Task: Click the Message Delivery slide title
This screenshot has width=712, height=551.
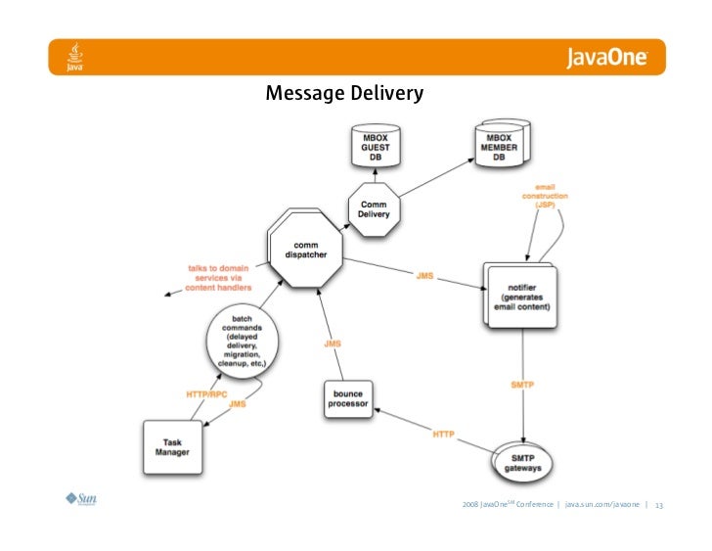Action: pyautogui.click(x=344, y=94)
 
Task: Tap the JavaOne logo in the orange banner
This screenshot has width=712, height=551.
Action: pyautogui.click(x=606, y=58)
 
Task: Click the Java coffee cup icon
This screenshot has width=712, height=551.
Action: pyautogui.click(x=74, y=57)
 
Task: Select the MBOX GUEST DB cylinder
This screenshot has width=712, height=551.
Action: pyautogui.click(x=376, y=146)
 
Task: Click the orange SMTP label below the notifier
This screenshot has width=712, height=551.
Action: pyautogui.click(x=521, y=385)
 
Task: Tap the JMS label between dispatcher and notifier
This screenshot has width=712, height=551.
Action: pyautogui.click(x=424, y=276)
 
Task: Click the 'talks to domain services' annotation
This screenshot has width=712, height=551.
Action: pyautogui.click(x=219, y=277)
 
